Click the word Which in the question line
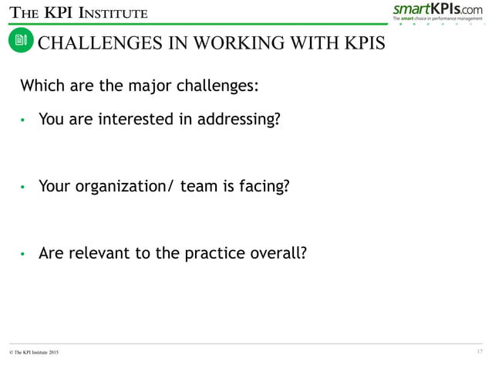[41, 85]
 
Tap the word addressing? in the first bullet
[235, 120]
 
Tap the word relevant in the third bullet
[94, 253]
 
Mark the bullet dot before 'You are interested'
[24, 121]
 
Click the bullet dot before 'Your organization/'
[24, 188]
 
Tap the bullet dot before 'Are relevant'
[24, 254]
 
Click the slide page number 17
[480, 353]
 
